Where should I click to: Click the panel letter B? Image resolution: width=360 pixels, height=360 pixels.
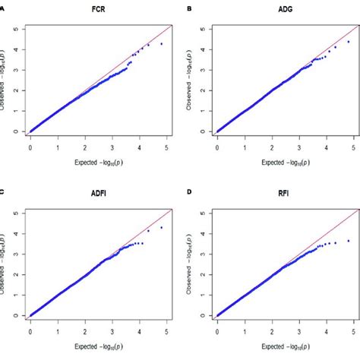pyautogui.click(x=189, y=10)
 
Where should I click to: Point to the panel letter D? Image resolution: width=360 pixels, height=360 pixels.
pyautogui.click(x=189, y=193)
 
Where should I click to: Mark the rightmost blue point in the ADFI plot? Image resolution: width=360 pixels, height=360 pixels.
pyautogui.click(x=161, y=227)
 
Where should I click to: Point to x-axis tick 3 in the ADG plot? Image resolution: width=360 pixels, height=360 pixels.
pyautogui.click(x=298, y=147)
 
